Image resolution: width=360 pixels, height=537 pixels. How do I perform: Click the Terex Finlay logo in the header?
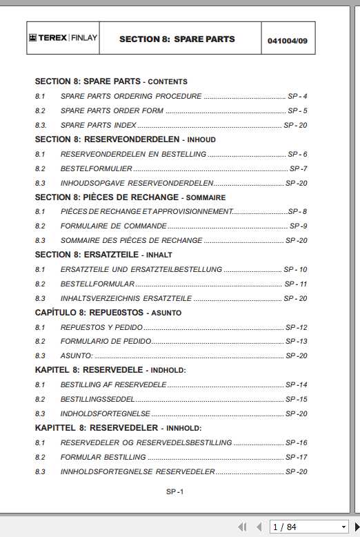[63, 38]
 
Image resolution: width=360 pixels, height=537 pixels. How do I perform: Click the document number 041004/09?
[287, 41]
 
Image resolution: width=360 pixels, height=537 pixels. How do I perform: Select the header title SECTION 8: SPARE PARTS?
[177, 39]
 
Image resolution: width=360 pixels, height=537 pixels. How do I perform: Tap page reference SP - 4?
[297, 96]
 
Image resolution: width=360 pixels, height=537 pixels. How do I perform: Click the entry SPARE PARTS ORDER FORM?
[112, 110]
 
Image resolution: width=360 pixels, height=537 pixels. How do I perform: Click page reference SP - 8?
[297, 211]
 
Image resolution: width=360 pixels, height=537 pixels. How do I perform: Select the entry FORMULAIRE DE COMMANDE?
[113, 226]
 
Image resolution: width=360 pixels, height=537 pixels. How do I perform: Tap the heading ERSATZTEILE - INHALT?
[103, 255]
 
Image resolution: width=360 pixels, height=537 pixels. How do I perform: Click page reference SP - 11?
[296, 284]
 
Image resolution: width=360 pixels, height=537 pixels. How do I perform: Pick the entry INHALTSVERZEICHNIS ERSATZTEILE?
[126, 298]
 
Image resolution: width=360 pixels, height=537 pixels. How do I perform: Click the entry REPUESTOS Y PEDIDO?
[101, 327]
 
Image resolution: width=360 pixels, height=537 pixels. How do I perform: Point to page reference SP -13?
[297, 342]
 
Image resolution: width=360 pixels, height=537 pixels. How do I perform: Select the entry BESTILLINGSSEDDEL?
[97, 399]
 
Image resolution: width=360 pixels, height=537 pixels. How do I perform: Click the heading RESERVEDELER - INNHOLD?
[120, 428]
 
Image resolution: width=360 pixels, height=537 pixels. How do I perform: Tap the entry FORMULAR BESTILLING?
[103, 457]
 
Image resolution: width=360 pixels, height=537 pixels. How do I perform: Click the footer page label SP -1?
[174, 491]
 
